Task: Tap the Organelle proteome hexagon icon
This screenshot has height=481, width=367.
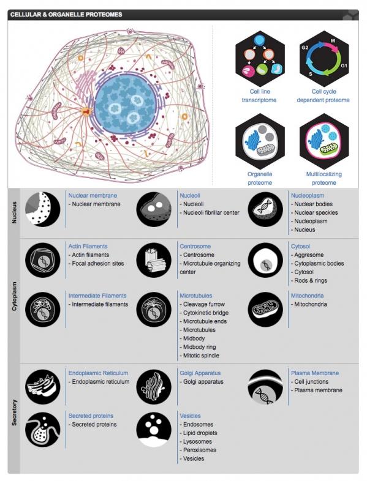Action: pyautogui.click(x=260, y=141)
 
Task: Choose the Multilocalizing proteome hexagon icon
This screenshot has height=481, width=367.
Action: pyautogui.click(x=324, y=141)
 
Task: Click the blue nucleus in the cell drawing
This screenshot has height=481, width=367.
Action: pyautogui.click(x=126, y=103)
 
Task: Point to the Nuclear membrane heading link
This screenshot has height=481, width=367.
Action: pyautogui.click(x=93, y=195)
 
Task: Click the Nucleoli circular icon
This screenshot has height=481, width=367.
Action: pyautogui.click(x=154, y=209)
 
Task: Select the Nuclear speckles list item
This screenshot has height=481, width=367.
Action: pyautogui.click(x=316, y=212)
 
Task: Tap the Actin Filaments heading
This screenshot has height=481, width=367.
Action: pyautogui.click(x=88, y=247)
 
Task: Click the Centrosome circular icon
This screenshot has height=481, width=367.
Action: pyautogui.click(x=154, y=260)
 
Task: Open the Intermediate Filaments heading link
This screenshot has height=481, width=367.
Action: pyautogui.click(x=97, y=296)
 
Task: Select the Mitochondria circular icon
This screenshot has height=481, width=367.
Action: pyautogui.click(x=265, y=310)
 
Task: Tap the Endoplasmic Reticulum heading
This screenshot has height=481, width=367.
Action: pyautogui.click(x=98, y=373)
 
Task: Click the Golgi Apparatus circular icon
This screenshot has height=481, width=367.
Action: pyautogui.click(x=154, y=387)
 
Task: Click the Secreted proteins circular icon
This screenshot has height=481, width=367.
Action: pyautogui.click(x=43, y=430)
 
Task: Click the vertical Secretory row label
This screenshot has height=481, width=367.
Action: pyautogui.click(x=14, y=412)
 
